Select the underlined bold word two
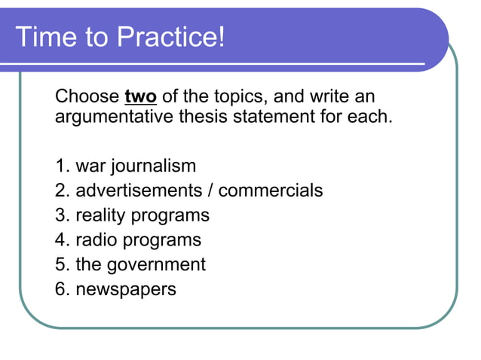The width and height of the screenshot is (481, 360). click(x=140, y=97)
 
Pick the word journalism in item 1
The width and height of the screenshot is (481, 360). click(x=155, y=166)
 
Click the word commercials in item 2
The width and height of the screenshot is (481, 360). click(x=271, y=191)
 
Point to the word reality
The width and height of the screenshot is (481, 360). click(x=101, y=215)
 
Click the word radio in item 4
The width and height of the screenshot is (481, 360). click(x=97, y=240)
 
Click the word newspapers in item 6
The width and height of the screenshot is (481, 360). click(x=126, y=289)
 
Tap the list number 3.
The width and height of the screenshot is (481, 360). click(x=60, y=215)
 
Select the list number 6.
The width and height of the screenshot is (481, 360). click(x=60, y=289)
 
